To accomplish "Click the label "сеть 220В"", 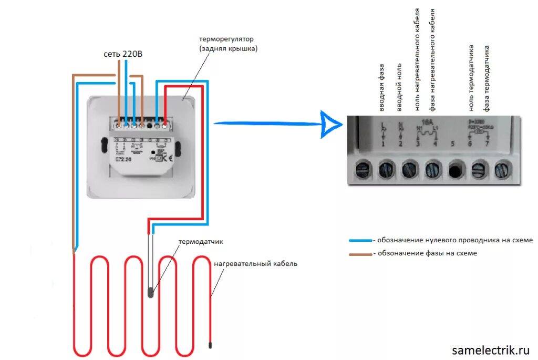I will coord(122,54).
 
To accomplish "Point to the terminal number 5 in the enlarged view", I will coord(453,143).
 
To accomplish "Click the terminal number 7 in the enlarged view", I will coord(487,143).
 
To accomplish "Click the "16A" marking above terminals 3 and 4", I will coord(427,122).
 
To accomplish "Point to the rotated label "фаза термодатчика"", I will coord(487,78).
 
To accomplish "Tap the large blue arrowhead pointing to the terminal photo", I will coord(331,124).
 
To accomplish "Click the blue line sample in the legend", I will coord(360,240).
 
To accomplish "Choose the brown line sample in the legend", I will coord(360,254).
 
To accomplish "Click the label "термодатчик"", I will coord(201,242).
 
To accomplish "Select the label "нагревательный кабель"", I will coord(255,263).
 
